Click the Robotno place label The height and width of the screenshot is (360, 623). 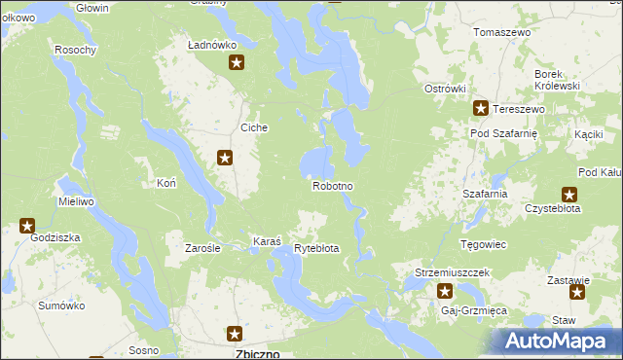332,185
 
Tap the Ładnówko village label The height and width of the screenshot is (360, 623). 213,45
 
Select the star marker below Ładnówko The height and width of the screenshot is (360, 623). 237,64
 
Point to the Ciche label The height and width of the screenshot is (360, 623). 254,127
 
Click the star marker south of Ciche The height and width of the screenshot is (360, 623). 225,157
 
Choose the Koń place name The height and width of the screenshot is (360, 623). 165,182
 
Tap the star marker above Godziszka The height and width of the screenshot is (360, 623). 27,226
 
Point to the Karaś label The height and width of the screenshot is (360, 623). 267,240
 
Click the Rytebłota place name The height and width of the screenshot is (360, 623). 316,248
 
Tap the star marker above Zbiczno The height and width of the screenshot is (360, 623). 235,334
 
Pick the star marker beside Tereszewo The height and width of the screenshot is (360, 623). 480,109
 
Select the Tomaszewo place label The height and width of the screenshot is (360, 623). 501,32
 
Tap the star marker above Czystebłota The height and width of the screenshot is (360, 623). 569,195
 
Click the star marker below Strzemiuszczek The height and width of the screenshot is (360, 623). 445,291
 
